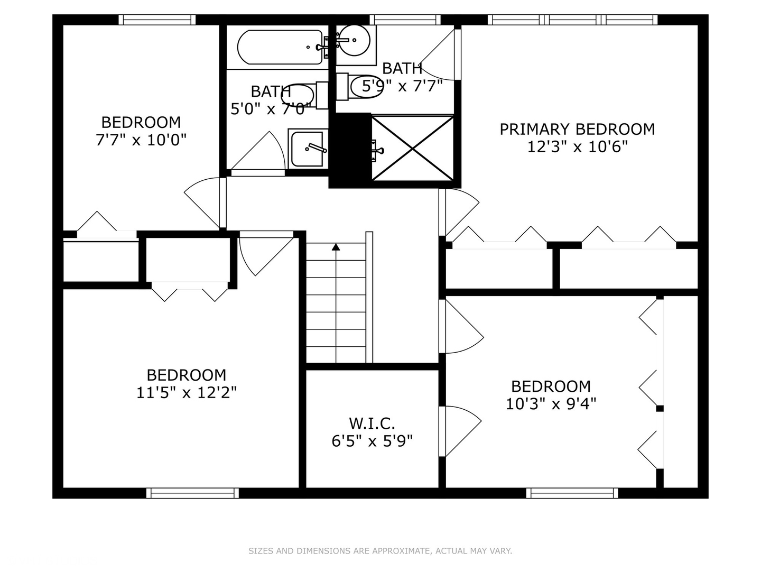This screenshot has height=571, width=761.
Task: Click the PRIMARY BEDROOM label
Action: tap(577, 130)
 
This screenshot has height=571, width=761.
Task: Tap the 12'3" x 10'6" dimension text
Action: tap(577, 146)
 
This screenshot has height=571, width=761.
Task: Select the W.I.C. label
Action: tap(372, 423)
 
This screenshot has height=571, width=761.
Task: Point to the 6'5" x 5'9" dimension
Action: tap(372, 441)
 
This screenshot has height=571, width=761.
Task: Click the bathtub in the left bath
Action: tap(280, 47)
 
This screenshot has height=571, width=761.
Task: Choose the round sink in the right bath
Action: tap(354, 41)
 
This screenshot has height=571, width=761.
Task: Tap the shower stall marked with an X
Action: tap(413, 148)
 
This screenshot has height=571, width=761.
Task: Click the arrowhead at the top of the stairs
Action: tap(336, 247)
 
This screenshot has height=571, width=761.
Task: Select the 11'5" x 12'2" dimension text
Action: tap(187, 393)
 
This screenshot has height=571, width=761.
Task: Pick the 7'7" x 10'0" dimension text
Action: tap(141, 140)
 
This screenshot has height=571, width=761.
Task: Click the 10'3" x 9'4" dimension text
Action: tap(551, 404)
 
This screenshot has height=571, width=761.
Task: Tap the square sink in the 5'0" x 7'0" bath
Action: tap(308, 149)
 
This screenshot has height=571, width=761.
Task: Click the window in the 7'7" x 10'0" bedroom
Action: tap(157, 20)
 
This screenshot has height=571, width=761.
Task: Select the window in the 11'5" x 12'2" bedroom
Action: tap(192, 493)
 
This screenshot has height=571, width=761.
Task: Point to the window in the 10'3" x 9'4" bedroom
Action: tap(572, 493)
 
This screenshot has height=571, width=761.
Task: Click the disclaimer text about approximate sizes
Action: tap(380, 551)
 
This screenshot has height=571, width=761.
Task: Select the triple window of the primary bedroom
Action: tap(572, 20)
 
